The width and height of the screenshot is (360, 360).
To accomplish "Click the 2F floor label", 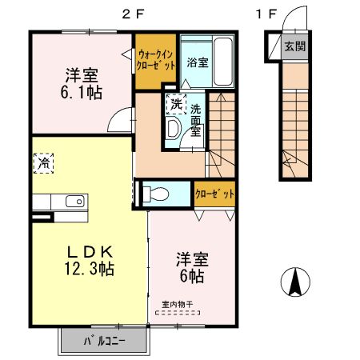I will tap(133, 13).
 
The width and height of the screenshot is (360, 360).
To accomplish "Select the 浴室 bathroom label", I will tap(198, 62).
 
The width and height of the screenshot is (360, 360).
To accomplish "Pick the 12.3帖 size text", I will tap(90, 269).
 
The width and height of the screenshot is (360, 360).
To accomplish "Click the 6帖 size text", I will tap(192, 276).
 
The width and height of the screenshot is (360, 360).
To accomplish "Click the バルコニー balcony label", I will tap(104, 342).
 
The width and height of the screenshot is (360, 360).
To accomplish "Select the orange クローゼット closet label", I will tap(215, 193).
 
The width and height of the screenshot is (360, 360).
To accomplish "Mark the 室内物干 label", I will tap(178, 305).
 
